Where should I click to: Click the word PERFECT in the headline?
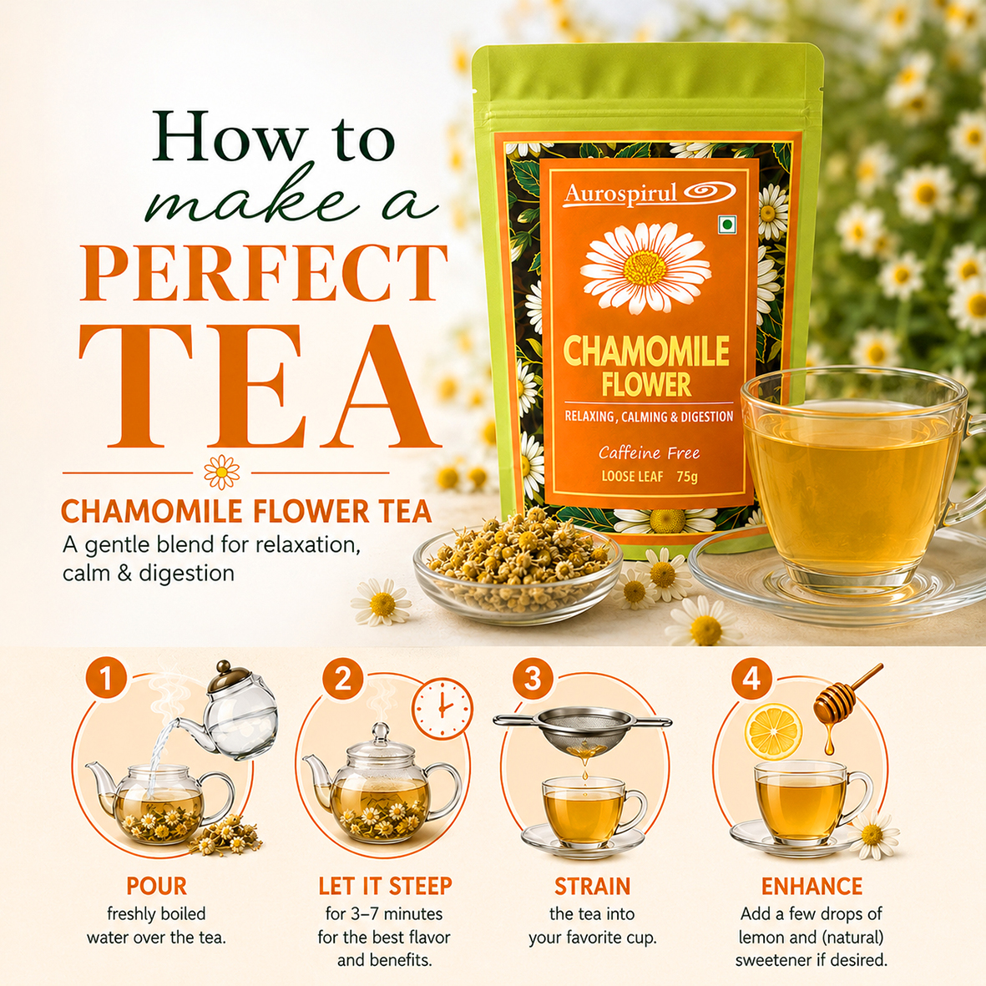(x=264, y=272)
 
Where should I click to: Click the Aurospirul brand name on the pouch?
(x=620, y=194)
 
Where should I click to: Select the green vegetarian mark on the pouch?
(x=727, y=225)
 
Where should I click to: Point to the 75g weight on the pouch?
(x=687, y=477)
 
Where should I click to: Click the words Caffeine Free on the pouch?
(x=649, y=453)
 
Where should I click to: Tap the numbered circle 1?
(x=106, y=679)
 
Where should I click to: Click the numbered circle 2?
(x=343, y=679)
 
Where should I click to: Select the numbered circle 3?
(x=533, y=679)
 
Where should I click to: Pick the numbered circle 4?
(x=752, y=679)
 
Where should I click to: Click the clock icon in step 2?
(x=442, y=709)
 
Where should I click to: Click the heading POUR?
(x=157, y=886)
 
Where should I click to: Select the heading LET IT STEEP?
(x=385, y=886)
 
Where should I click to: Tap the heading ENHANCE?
(x=812, y=886)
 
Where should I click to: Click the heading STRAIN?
(x=593, y=886)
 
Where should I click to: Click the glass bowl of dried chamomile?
(x=517, y=569)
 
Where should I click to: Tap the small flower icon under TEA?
(x=222, y=473)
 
